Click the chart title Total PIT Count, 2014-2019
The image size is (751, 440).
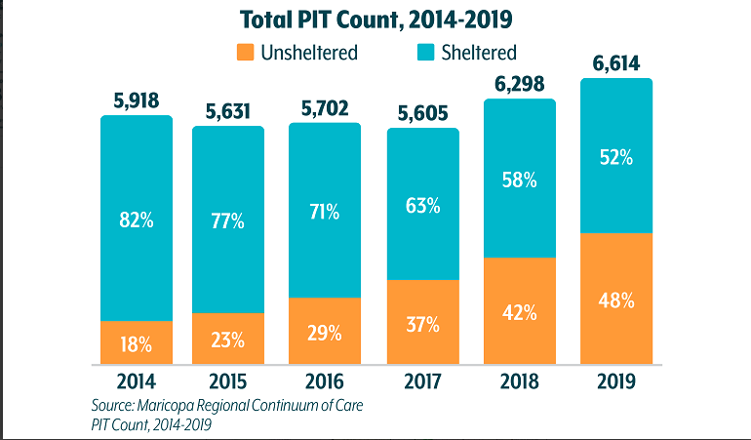pos(375,20)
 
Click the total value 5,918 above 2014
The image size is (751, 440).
pos(136,100)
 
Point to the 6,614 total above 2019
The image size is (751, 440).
pos(615,64)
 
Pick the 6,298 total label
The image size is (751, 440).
pos(519,83)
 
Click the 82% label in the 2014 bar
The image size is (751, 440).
pos(136,220)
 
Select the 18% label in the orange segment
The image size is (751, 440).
pos(136,342)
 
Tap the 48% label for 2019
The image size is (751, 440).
pos(615,300)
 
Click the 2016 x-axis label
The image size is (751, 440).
pos(325,380)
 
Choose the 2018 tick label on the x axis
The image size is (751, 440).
pos(519,380)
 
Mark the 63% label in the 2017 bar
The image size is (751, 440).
pos(422,206)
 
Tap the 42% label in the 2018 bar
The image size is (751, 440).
pos(519,312)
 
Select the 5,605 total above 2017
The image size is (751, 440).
pos(422,114)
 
